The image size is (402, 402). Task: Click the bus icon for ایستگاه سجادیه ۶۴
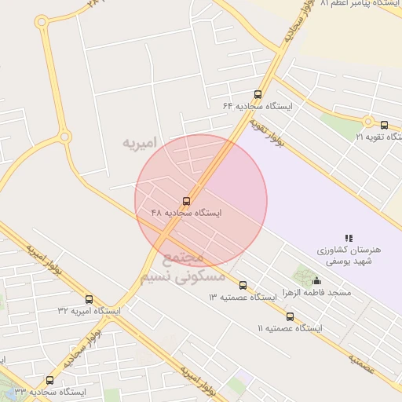coord(258,94)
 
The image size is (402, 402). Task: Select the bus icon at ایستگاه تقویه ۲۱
coord(384,124)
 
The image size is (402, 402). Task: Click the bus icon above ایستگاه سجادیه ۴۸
coord(186,201)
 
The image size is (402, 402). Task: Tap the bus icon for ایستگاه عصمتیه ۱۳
coord(243,285)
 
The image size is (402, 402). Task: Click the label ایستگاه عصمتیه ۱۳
coord(243,298)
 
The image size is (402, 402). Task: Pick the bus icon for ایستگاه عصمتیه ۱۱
coord(290,316)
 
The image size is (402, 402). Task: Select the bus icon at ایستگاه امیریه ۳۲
coord(89,299)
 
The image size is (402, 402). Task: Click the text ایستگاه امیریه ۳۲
coord(89,311)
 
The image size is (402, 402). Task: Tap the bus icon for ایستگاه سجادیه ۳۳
coord(50,380)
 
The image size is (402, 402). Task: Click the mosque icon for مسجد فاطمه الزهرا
coord(316,280)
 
